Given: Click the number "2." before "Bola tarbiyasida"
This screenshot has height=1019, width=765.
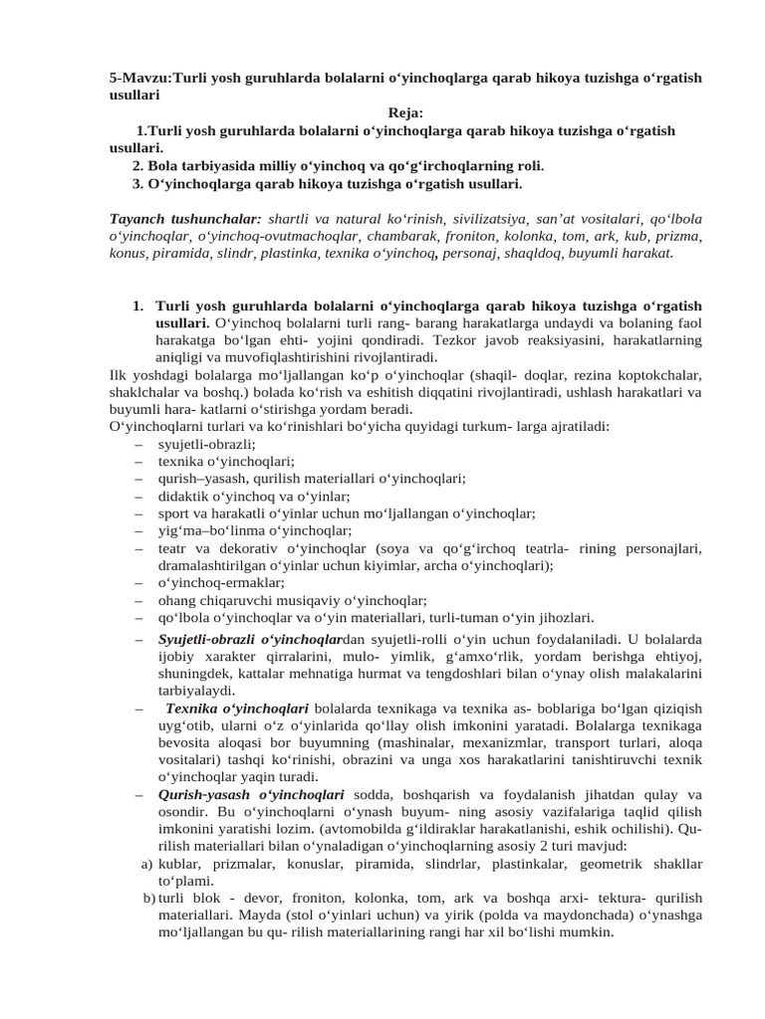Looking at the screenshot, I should pos(138,165).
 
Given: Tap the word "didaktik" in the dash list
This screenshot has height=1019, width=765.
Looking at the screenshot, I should pos(183,496).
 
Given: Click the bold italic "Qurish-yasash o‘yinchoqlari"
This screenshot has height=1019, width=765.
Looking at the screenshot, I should pos(251,794).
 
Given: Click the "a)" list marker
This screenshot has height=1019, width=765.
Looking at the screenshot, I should pos(146,864).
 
